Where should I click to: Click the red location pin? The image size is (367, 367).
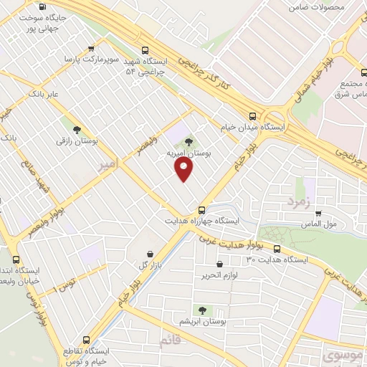click(x=184, y=169)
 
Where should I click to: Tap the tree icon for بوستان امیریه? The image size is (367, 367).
click(x=189, y=141)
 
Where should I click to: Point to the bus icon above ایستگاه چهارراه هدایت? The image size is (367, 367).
click(x=202, y=210)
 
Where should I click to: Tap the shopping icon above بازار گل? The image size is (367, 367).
click(x=149, y=253)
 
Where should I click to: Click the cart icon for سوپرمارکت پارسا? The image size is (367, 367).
click(x=91, y=49)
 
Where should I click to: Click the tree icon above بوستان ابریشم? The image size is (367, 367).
click(x=202, y=310)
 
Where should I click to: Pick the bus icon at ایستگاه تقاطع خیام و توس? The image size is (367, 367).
click(x=87, y=339)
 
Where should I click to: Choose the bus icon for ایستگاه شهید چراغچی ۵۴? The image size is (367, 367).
click(x=146, y=50)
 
